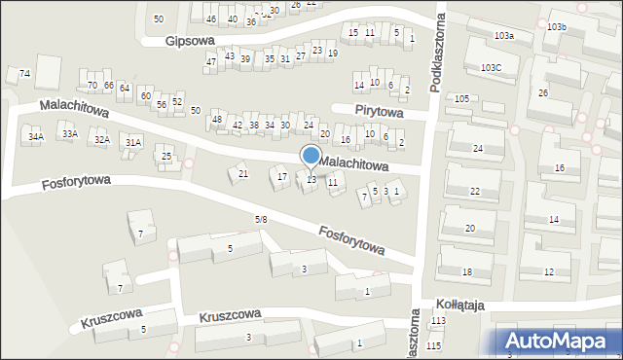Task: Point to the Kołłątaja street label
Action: pyautogui.click(x=460, y=305)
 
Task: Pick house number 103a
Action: pyautogui.click(x=503, y=36)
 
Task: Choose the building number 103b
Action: pyautogui.click(x=556, y=27)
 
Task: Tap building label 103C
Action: pyautogui.click(x=491, y=68)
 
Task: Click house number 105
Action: pyautogui.click(x=461, y=99)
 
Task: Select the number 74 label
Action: pyautogui.click(x=25, y=74)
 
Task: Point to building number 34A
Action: pyautogui.click(x=36, y=138)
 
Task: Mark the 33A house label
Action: pyautogui.click(x=69, y=134)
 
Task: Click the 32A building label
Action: pyautogui.click(x=101, y=140)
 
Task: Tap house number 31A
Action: pyautogui.click(x=133, y=143)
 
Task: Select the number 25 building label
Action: pyautogui.click(x=166, y=157)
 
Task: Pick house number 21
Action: pyautogui.click(x=243, y=174)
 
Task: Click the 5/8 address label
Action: pyautogui.click(x=261, y=220)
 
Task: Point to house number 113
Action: pyautogui.click(x=438, y=321)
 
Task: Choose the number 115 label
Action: pyautogui.click(x=433, y=346)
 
